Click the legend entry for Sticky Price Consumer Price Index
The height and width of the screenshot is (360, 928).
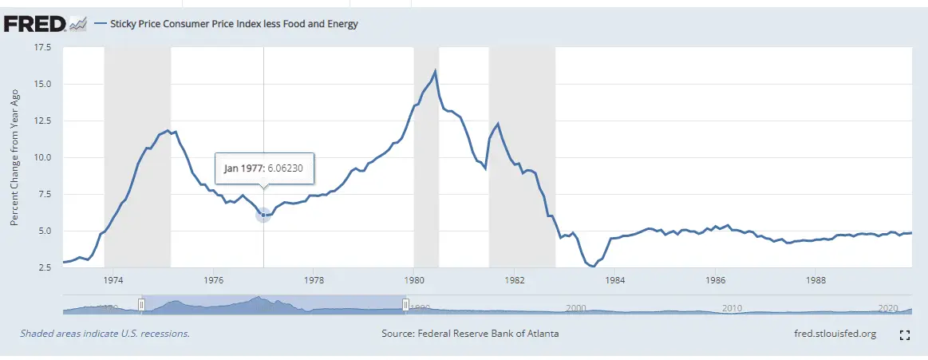point(227,24)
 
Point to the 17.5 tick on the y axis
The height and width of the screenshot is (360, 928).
point(41,48)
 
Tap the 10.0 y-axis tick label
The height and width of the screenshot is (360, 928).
point(41,157)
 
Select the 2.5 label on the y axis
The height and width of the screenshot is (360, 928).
point(44,267)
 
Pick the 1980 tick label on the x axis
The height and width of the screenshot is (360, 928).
point(413,280)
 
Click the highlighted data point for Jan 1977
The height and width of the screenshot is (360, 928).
point(263,215)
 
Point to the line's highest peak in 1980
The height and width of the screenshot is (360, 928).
point(435,72)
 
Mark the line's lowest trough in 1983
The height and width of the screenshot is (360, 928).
point(592,266)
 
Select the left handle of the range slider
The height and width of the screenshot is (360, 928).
point(141,304)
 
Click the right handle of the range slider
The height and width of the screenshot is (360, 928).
point(405,304)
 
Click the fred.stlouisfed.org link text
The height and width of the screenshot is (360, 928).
point(830,334)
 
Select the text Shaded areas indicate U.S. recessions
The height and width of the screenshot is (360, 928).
point(105,334)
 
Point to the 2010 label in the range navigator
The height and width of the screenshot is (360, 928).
point(731,307)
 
